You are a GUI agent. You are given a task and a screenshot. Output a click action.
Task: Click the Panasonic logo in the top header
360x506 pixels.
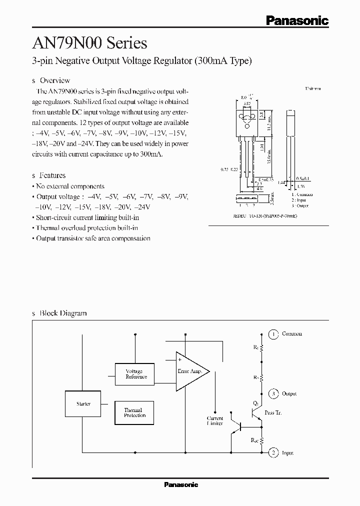[296, 20]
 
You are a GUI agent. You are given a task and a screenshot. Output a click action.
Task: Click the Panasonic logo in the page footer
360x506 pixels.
[181, 484]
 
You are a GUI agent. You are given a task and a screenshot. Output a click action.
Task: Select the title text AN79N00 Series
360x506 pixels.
[89, 43]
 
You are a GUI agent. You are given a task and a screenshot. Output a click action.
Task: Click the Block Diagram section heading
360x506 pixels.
[63, 313]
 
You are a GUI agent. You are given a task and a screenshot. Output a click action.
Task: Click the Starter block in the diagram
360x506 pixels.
[84, 403]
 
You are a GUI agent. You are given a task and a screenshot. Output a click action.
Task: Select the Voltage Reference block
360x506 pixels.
[134, 374]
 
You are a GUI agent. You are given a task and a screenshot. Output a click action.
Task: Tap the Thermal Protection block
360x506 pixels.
[134, 412]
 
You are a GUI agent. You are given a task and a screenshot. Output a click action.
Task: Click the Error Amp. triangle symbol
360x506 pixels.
[190, 371]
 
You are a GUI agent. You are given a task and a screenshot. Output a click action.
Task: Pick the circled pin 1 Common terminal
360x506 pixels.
[273, 333]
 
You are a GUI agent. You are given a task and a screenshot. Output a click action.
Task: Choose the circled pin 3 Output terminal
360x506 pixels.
[273, 393]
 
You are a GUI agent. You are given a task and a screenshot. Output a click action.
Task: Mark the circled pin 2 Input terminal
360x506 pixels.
[273, 452]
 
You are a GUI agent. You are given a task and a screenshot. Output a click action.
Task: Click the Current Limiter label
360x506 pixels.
[215, 420]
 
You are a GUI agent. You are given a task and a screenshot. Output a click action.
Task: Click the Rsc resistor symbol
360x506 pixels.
[261, 440]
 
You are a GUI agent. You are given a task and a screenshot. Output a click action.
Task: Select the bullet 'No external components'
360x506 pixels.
[70, 186]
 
